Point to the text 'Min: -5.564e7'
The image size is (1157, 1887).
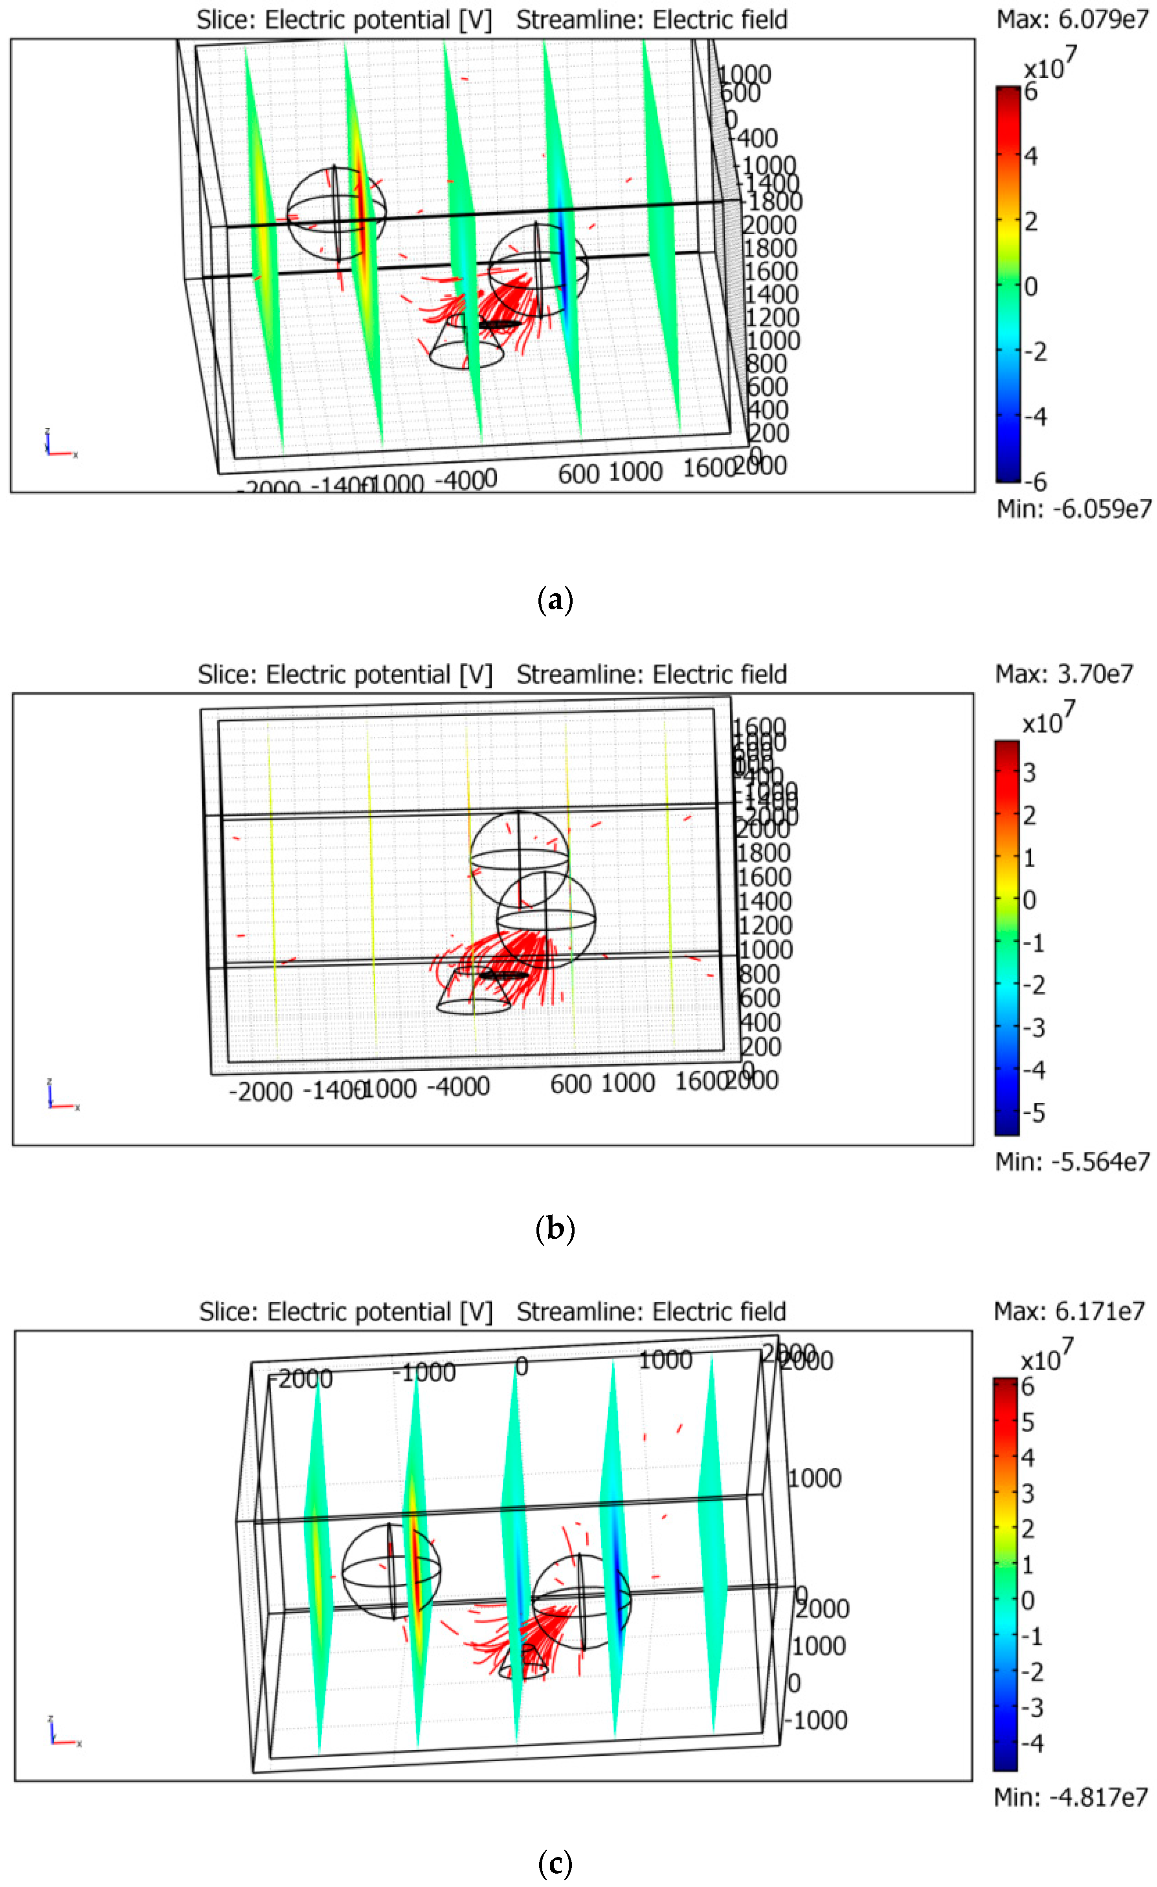1072,1162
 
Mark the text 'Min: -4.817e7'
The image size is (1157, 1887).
1071,1797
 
